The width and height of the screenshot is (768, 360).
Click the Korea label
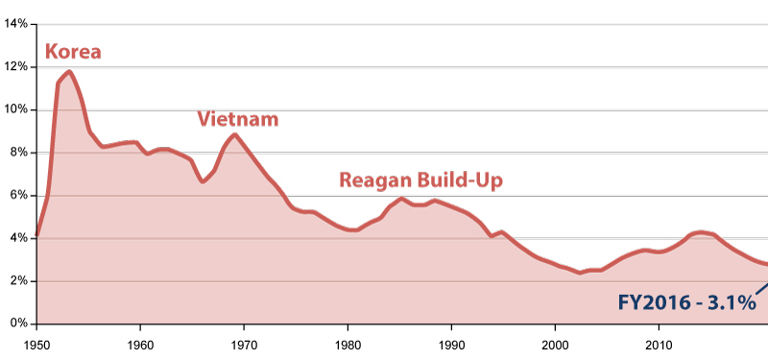pos(73,52)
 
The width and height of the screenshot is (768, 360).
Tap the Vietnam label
pos(238,119)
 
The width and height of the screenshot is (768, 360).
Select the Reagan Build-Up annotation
pos(420,180)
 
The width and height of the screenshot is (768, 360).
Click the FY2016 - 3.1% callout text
pos(687,303)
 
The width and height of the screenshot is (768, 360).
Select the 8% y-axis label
pos(17,153)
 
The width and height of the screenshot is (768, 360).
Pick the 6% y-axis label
pos(17,196)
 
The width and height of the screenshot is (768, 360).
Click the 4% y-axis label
pos(17,238)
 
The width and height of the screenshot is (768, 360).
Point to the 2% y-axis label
pos(17,281)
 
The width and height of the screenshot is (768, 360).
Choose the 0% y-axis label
pos(17,324)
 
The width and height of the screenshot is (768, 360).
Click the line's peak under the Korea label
pos(69,72)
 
